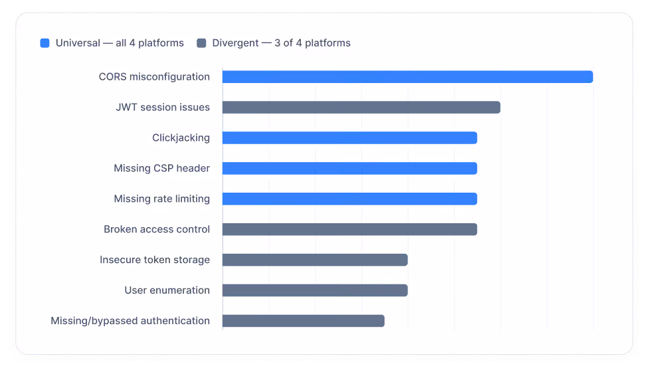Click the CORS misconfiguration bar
[x=408, y=77]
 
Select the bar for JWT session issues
[x=361, y=108]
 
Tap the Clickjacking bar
[x=350, y=138]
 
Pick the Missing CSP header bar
[x=350, y=168]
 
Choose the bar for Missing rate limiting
[x=350, y=199]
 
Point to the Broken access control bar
[x=350, y=229]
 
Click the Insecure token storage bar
[x=315, y=260]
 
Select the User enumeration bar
[x=315, y=290]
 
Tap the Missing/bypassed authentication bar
[x=304, y=321]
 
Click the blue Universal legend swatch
[x=45, y=43]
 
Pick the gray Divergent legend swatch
[x=201, y=43]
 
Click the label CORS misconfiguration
[x=154, y=77]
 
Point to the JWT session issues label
[x=163, y=107]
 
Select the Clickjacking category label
[x=181, y=138]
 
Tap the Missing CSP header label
[x=162, y=168]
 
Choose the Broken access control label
[x=157, y=229]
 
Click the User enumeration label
[x=167, y=290]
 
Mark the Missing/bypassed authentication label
[x=130, y=321]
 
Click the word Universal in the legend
[x=78, y=43]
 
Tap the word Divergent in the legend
[x=235, y=43]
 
